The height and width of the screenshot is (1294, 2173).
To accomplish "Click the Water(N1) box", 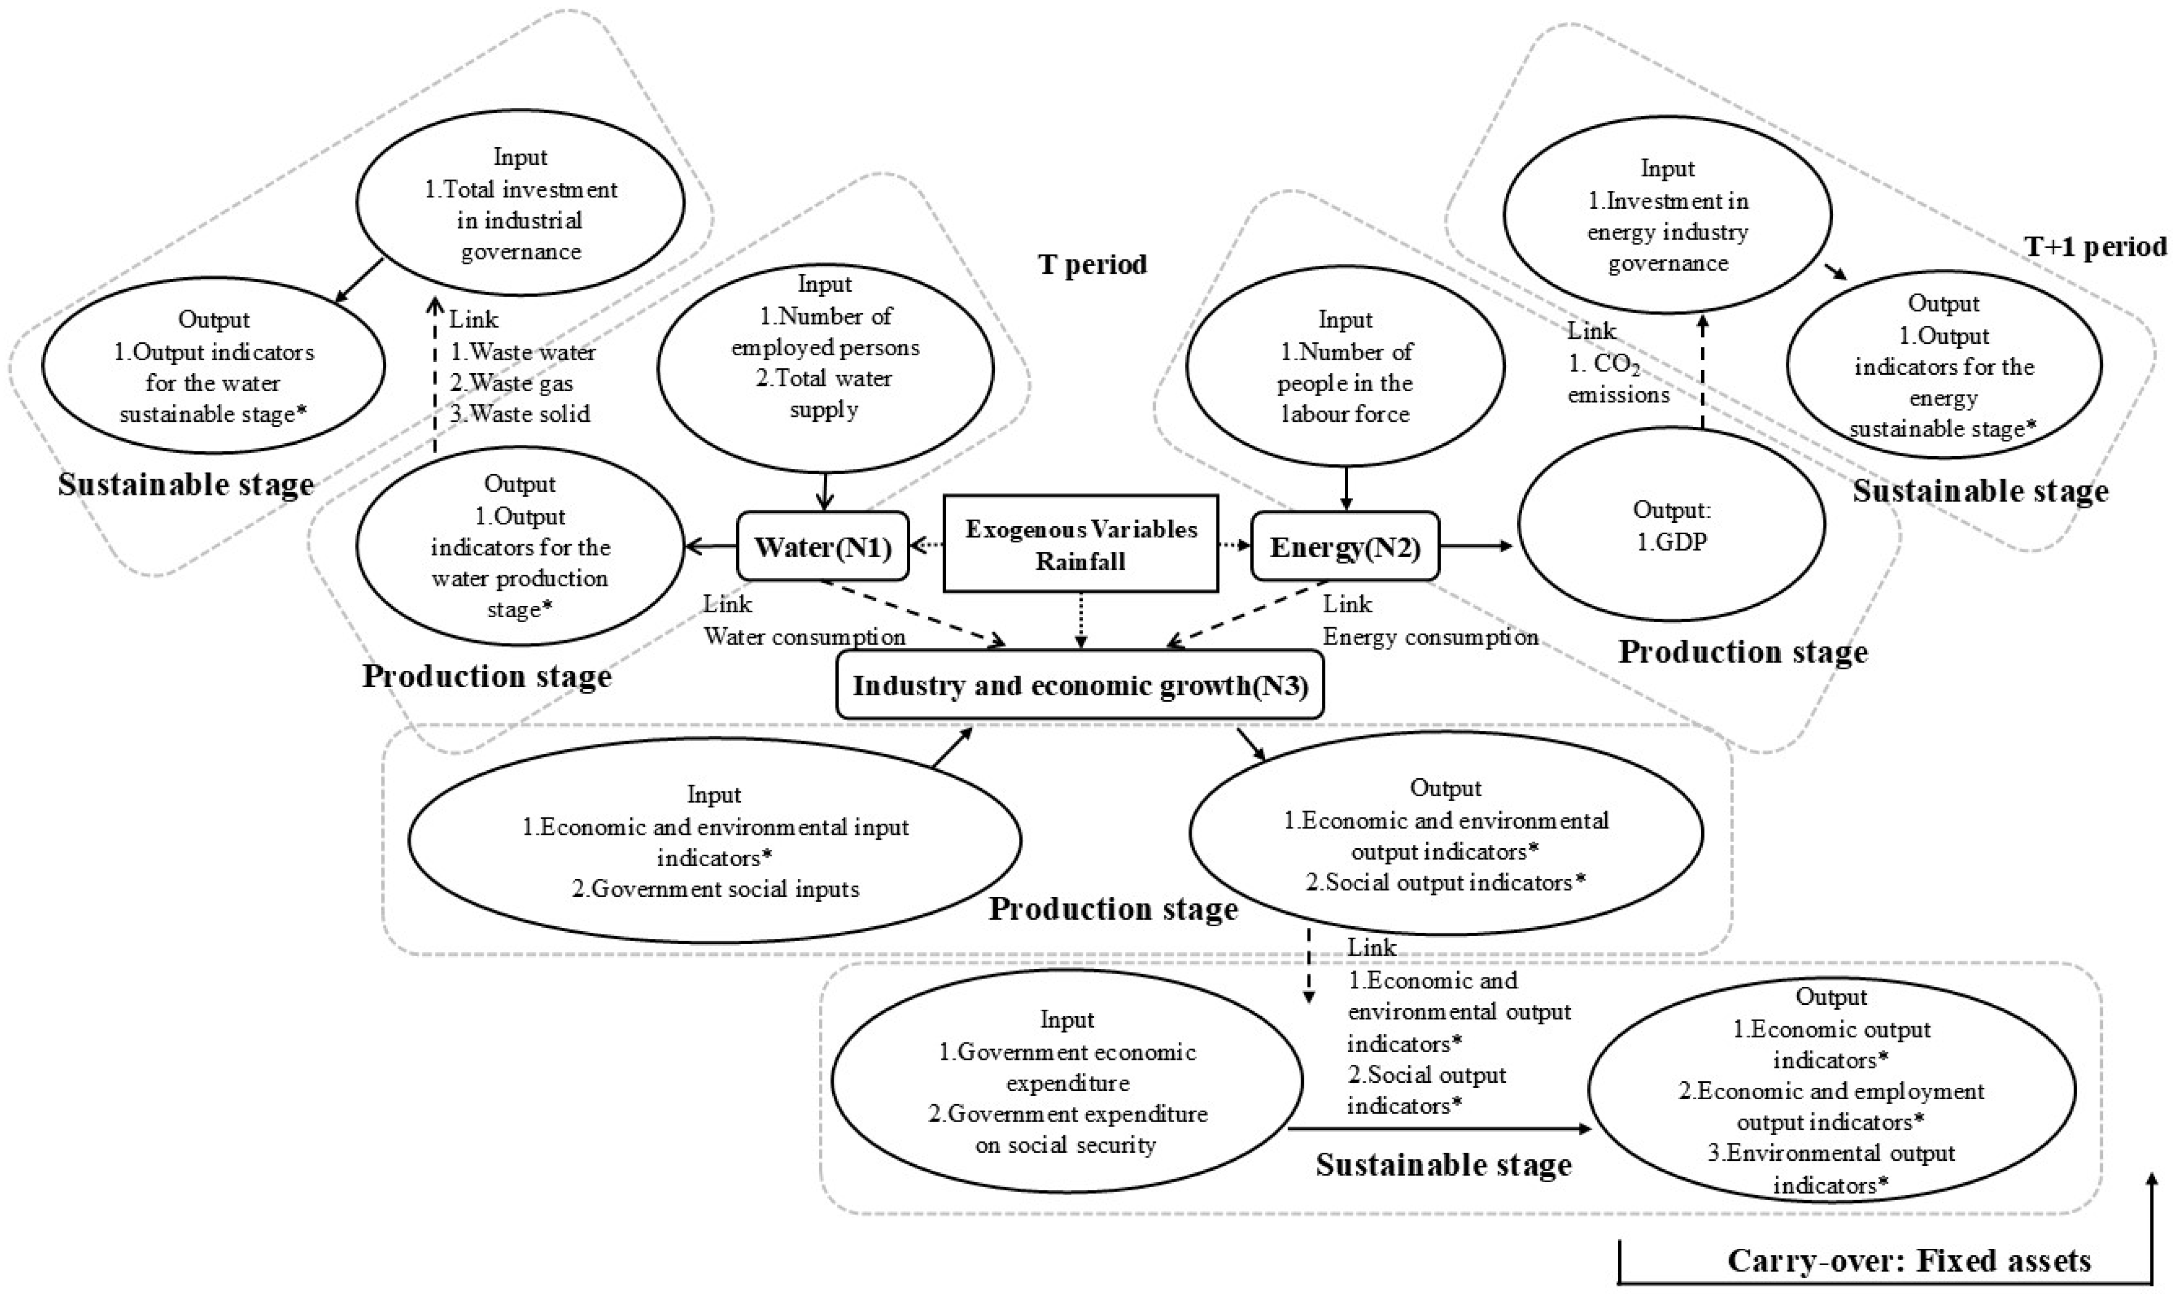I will pos(823,547).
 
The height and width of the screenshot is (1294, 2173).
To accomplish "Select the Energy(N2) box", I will pos(1344,547).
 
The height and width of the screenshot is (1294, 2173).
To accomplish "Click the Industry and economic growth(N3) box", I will pos(1079,685).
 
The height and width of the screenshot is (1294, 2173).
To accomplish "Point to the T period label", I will pos(1092,264).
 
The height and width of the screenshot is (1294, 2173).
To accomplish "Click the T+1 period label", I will pos(2093,247).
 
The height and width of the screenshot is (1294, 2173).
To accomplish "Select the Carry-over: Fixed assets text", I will pos(1909,1261).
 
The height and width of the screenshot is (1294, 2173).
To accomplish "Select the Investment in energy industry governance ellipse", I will pos(1667,215).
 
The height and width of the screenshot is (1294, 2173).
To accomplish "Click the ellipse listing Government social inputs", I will pos(714,841).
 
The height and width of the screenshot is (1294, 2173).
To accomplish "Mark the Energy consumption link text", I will pos(1430,638).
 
